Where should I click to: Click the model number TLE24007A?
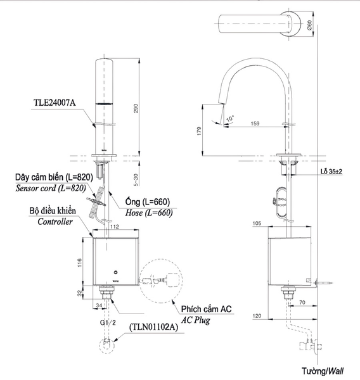55,103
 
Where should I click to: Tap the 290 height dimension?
136,108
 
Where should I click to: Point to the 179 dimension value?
199,131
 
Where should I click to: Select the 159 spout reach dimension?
255,123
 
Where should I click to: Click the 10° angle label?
230,118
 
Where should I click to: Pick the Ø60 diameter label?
309,25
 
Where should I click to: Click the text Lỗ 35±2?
331,172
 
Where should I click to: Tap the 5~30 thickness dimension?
136,180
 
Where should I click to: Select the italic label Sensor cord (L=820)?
51,188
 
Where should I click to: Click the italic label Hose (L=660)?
149,213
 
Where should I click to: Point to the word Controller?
55,222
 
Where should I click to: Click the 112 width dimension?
115,226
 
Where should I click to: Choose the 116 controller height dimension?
80,263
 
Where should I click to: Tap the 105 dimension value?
257,223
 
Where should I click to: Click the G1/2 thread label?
108,322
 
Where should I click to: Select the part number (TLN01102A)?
153,327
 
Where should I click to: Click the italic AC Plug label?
196,320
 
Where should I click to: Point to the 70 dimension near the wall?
302,302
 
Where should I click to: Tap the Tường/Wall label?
323,371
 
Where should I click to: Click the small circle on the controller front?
116,272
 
